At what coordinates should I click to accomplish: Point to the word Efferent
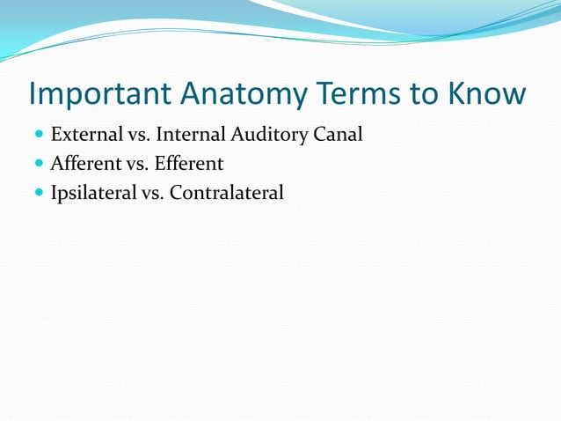point(189,164)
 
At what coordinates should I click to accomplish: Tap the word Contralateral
point(227,193)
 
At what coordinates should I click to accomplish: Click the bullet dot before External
point(39,136)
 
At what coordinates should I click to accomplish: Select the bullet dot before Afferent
point(39,165)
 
